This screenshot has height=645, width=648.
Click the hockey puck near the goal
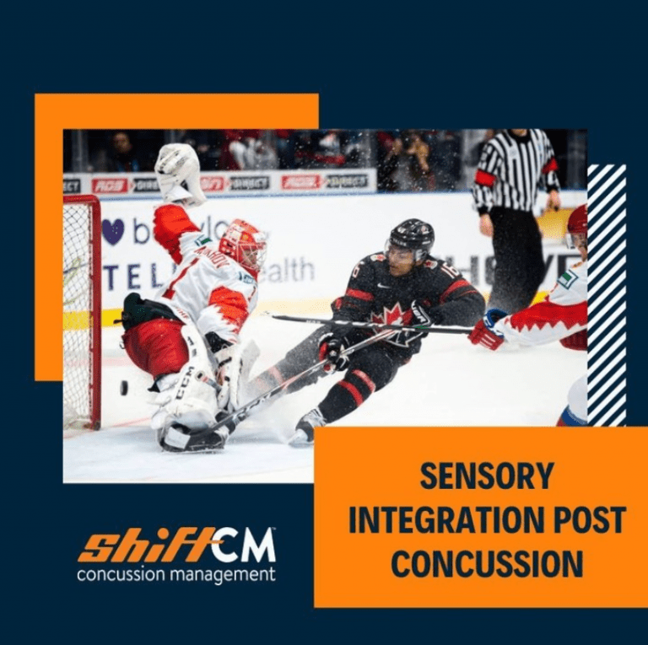point(124,387)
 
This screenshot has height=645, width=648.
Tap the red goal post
point(94,312)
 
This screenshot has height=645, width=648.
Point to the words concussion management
point(175,575)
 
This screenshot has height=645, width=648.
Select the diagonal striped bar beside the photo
point(607,295)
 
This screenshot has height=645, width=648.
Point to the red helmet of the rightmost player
point(578,223)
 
